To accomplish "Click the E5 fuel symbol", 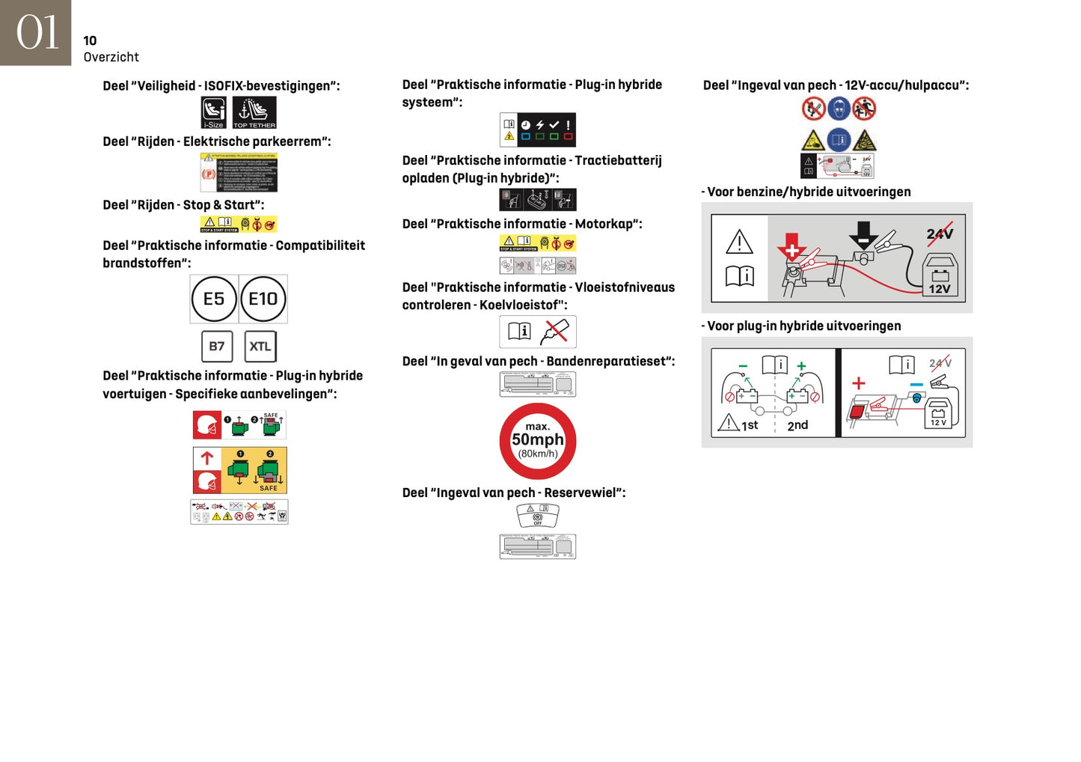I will (x=214, y=299).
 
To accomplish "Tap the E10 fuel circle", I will (x=263, y=299).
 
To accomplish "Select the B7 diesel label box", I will (x=217, y=347).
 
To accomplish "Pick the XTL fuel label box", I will (x=260, y=347).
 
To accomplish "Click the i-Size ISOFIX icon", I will (x=214, y=112).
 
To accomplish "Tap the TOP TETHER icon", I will (x=254, y=112).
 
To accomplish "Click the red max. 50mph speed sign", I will (x=537, y=441).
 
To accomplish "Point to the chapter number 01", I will (x=36, y=33).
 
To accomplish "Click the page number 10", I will (x=90, y=40).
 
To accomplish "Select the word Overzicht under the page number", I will (x=111, y=57).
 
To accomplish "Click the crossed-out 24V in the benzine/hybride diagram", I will (x=940, y=234).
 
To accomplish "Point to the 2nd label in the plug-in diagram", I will (x=797, y=425).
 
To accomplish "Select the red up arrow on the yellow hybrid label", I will (x=207, y=458).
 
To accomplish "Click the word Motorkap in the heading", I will (x=606, y=224).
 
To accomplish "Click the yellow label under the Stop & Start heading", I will (x=239, y=224).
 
